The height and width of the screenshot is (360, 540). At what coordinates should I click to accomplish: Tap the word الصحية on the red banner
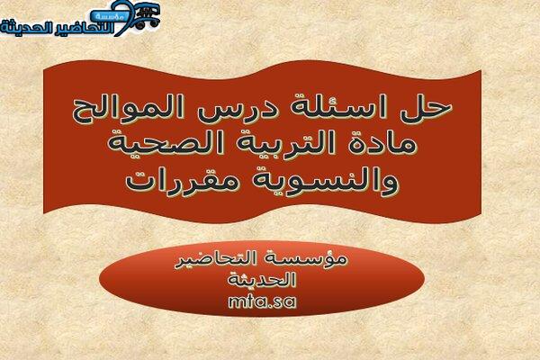(166, 143)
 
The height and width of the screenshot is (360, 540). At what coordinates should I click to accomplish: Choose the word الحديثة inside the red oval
(262, 279)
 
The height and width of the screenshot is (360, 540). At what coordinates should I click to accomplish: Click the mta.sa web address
(262, 301)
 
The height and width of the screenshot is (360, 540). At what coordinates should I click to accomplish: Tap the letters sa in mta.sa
(285, 302)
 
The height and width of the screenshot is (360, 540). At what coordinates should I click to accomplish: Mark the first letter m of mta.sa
(236, 302)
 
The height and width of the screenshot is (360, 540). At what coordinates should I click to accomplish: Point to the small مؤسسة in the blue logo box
(109, 16)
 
